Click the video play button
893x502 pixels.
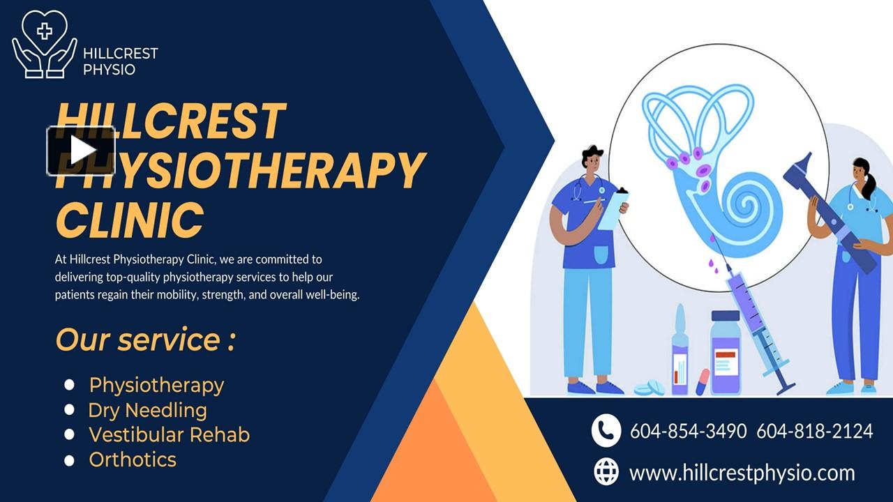(81, 151)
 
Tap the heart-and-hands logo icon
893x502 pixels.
(45, 43)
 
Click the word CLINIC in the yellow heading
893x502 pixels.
(130, 220)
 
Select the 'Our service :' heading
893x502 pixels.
(145, 340)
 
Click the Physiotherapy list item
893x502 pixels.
(156, 385)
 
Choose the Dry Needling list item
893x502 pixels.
(147, 410)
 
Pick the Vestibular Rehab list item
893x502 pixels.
(169, 434)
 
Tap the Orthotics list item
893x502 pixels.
(133, 459)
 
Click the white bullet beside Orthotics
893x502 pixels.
(69, 460)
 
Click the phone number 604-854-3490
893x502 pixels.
(688, 431)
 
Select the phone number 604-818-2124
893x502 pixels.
(814, 431)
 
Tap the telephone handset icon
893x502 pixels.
(606, 430)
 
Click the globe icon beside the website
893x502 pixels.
(606, 472)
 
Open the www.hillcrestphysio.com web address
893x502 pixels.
(742, 473)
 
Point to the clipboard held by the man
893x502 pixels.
(614, 208)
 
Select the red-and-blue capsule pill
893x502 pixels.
(703, 381)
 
